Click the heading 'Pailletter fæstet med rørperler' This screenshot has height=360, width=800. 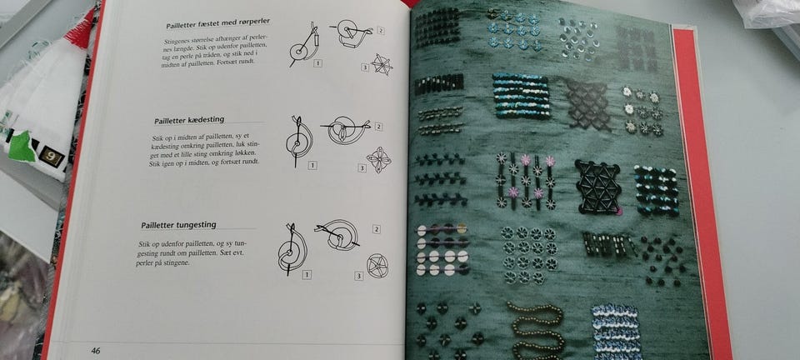217,23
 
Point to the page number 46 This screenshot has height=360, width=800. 95,351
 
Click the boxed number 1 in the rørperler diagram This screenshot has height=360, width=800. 317,63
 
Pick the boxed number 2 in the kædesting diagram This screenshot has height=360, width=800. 378,127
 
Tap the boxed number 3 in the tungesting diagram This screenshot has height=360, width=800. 359,277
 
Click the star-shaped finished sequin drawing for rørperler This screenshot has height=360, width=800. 382,65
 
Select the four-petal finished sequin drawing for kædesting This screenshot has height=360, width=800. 378,160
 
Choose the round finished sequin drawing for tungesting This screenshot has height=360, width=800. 377,266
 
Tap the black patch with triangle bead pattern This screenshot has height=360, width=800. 598,187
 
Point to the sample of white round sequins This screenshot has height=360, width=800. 442,249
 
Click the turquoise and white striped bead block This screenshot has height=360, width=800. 522,97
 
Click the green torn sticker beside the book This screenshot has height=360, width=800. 22,146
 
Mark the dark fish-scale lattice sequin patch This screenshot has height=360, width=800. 589,104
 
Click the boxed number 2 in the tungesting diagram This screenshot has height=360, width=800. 377,229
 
